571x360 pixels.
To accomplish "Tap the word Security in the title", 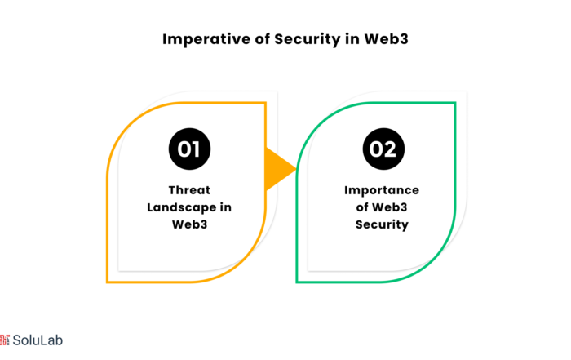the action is [307, 39].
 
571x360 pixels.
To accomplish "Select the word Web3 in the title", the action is [387, 39].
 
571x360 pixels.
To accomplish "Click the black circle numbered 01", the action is [189, 149].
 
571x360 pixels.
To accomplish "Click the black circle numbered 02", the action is [383, 149].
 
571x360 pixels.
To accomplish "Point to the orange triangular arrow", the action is [278, 169].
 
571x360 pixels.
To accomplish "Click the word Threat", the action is [189, 190].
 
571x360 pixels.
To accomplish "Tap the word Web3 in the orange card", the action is [189, 224].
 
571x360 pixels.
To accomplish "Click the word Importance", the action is [382, 190].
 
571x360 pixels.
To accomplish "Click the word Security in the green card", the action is [382, 224].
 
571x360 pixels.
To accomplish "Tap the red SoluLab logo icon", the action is [4, 340].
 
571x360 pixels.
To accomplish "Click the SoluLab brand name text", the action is [38, 340].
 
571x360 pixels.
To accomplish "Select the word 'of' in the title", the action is [262, 39].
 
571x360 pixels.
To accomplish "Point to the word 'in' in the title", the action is [352, 39].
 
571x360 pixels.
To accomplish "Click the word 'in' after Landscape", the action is [226, 207].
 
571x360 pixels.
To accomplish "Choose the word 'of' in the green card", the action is [362, 207].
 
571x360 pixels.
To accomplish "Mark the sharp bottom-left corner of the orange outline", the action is [107, 282].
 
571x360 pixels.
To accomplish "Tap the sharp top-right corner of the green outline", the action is [455, 103].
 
